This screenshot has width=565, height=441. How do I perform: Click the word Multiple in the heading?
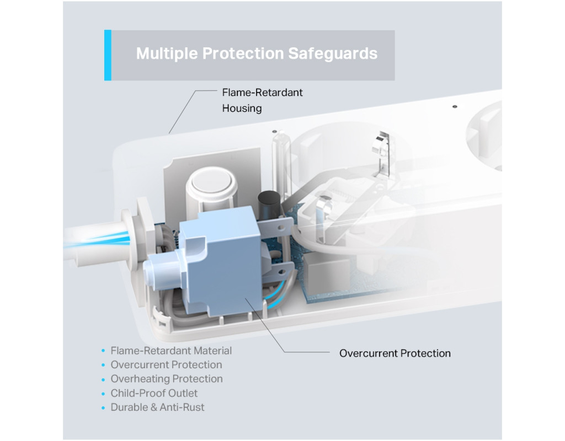(x=167, y=54)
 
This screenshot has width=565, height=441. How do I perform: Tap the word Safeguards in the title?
(x=333, y=53)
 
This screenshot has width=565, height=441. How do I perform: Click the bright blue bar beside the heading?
(x=108, y=55)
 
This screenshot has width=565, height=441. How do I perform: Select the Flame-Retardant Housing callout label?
(x=262, y=100)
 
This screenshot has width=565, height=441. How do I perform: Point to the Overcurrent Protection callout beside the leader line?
(x=395, y=353)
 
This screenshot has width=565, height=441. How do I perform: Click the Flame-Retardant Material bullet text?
(x=171, y=351)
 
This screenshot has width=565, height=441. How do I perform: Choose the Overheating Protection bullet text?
(x=167, y=379)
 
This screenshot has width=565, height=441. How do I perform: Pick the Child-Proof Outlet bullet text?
(x=154, y=393)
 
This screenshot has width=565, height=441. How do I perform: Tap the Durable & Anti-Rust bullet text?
(x=157, y=407)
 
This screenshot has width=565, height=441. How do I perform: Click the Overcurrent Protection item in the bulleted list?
(x=166, y=365)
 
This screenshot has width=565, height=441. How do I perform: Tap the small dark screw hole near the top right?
(x=455, y=106)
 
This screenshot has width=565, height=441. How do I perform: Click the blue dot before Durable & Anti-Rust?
(x=103, y=407)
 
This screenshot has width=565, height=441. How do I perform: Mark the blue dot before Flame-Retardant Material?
(x=103, y=351)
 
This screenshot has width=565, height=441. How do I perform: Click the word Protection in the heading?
(x=243, y=53)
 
